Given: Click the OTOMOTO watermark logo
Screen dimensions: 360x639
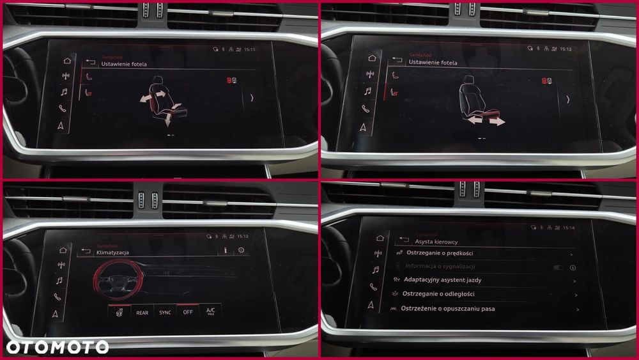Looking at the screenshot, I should [58, 347].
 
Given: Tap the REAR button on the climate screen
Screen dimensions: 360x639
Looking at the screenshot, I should [142, 313].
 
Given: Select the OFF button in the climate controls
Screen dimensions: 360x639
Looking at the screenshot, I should [187, 312].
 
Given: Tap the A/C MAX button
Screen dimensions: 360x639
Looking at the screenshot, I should [211, 311].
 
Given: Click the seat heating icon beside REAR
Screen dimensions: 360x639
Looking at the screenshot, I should [119, 312].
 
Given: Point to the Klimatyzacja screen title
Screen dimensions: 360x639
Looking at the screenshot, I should [112, 253].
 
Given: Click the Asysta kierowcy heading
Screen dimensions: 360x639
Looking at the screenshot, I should [436, 242].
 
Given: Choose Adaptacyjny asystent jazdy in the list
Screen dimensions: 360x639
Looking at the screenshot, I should [442, 280].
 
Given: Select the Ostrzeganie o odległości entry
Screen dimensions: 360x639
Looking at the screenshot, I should [438, 294].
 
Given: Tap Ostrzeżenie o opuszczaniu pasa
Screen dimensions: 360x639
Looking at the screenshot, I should [447, 309].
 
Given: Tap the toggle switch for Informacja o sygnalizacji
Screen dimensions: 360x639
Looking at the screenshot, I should [558, 268].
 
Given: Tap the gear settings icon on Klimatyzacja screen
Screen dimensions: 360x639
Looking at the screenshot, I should [241, 250].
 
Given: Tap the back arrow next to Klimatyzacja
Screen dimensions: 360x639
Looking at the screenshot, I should [86, 252].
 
